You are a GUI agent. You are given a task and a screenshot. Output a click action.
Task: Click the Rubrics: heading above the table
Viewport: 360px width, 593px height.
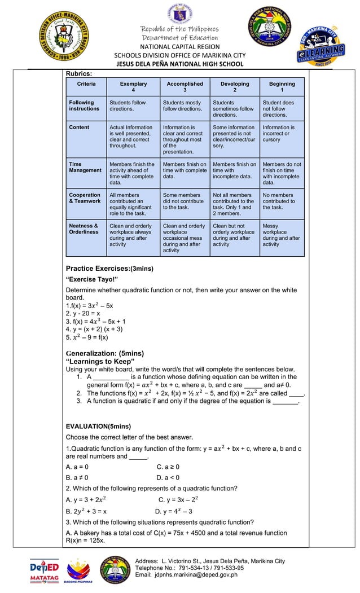pos(79,73)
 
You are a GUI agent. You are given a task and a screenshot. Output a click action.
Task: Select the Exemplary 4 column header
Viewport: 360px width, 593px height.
pos(133,87)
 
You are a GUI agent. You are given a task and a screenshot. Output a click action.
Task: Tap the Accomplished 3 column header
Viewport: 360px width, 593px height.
pos(185,87)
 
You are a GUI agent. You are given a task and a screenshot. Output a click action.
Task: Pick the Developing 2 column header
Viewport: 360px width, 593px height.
pos(235,87)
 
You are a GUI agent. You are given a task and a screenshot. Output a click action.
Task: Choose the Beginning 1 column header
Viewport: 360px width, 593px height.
pos(282,87)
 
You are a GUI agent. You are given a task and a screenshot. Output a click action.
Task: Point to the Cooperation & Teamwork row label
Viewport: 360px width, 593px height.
pos(85,198)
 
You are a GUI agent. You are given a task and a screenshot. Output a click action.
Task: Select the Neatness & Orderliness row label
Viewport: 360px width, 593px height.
pos(84,229)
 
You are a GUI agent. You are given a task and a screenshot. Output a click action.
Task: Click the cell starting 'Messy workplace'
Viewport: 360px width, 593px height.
pos(282,235)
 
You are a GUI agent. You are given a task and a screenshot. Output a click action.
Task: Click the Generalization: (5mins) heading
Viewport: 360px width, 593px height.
pos(105,354)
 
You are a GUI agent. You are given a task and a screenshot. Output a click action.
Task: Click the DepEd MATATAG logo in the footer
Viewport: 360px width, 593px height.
pos(45,570)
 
